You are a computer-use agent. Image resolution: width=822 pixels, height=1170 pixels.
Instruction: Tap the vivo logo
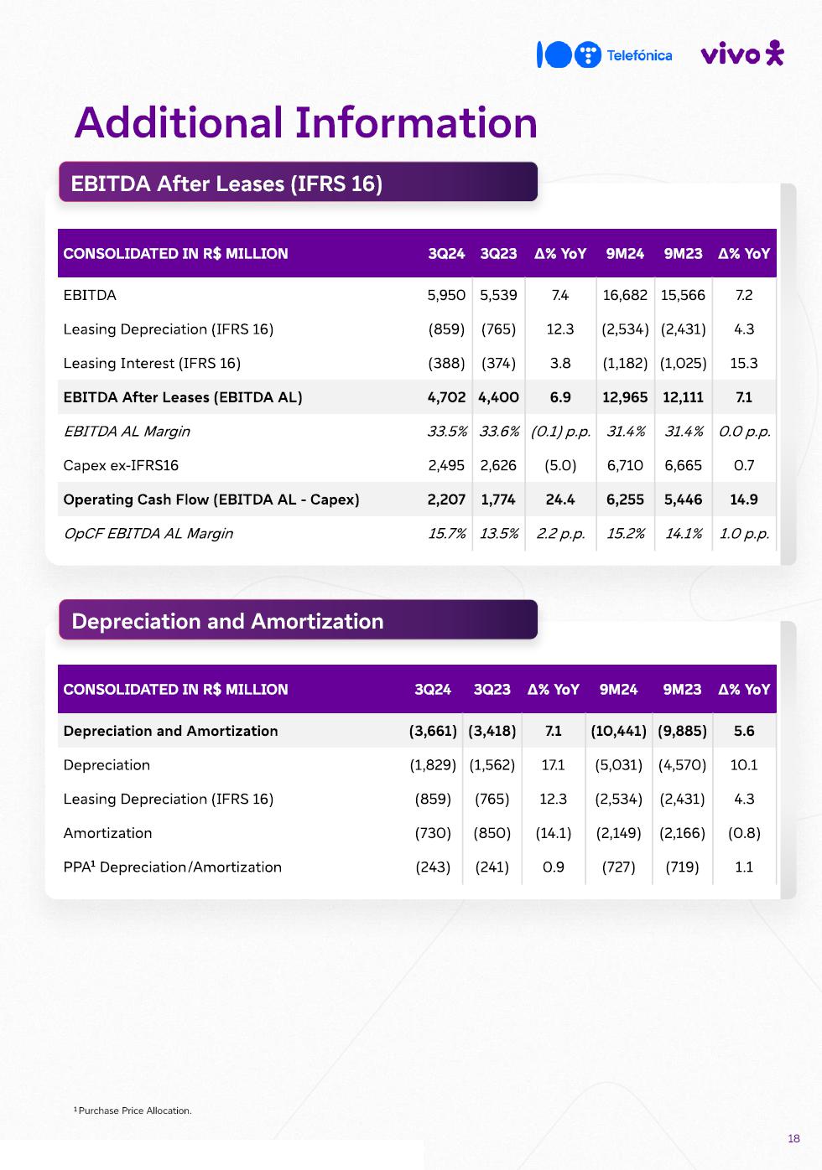[x=741, y=54]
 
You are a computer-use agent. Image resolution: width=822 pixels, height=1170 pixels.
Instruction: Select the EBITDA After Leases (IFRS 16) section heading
[x=226, y=184]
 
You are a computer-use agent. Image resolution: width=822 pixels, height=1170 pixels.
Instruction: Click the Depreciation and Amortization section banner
[x=227, y=621]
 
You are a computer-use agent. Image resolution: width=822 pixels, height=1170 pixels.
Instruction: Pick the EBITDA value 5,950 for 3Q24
[x=446, y=295]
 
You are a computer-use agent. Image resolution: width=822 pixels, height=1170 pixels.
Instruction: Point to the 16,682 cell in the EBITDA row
[x=625, y=295]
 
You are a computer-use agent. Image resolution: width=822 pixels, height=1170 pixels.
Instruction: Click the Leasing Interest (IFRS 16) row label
[x=152, y=363]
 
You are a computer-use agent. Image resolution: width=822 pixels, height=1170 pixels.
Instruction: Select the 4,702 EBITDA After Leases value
[x=446, y=397]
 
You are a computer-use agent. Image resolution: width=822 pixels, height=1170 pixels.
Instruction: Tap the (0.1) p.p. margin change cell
[x=560, y=432]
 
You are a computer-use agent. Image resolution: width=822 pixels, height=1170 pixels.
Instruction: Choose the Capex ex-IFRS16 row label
[x=121, y=465]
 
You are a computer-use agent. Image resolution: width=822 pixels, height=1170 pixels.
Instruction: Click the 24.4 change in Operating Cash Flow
[x=560, y=500]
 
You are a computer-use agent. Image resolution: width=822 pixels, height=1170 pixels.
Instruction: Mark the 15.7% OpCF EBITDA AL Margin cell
[x=446, y=534]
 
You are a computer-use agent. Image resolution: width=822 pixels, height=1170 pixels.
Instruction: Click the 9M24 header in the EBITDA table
[x=625, y=254]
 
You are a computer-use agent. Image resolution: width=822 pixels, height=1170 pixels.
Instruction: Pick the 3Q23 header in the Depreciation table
[x=492, y=690]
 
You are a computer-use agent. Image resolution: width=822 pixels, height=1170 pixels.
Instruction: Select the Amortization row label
[x=107, y=833]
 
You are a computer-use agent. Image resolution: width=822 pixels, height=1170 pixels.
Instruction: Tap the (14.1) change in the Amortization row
[x=554, y=833]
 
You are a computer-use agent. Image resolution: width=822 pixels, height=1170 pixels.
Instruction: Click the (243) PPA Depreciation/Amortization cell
[x=433, y=867]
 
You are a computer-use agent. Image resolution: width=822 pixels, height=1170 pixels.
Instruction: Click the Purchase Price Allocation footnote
[x=134, y=1111]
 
